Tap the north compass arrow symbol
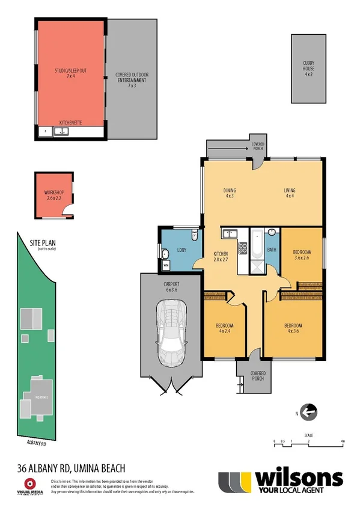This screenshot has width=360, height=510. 308,413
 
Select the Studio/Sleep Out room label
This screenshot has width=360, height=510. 69,74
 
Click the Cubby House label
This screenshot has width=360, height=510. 308,70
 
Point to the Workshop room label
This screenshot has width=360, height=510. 53,195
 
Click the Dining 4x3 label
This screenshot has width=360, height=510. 229,193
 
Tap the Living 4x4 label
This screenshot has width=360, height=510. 290,193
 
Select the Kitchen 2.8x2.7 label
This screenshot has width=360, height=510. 221,257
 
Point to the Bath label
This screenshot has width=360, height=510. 272,250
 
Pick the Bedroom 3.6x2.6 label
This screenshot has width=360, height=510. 302,254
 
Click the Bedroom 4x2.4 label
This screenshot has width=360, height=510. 224,328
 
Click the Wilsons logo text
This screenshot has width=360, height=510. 299,479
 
